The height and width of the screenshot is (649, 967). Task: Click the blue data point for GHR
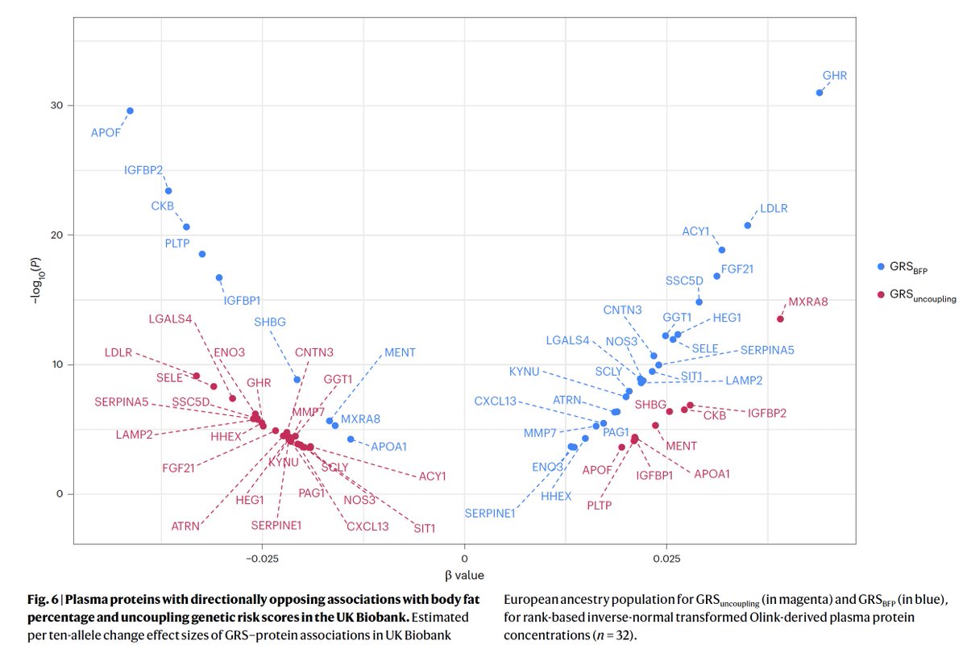[x=820, y=93]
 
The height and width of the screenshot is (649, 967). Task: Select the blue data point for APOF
[x=130, y=110]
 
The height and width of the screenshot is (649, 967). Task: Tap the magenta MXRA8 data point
[x=780, y=318]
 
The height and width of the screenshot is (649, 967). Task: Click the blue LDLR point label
[x=774, y=209]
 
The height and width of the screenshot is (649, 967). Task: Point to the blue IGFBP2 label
[x=143, y=170]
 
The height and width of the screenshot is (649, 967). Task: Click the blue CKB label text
[x=163, y=206]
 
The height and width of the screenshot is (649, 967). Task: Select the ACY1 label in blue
[x=695, y=231]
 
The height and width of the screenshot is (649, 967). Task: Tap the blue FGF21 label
[x=737, y=268]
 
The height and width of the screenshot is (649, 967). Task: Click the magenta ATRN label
[x=186, y=526]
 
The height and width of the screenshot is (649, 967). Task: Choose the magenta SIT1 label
[x=424, y=529]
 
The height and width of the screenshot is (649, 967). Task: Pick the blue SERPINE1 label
[x=489, y=514]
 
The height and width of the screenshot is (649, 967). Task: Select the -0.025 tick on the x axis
[x=262, y=559]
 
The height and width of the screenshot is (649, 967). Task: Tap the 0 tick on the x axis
[x=464, y=559]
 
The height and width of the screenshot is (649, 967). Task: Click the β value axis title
[x=464, y=576]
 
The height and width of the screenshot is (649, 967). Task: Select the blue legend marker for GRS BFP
[x=881, y=266]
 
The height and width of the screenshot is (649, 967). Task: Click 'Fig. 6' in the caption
[x=36, y=599]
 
